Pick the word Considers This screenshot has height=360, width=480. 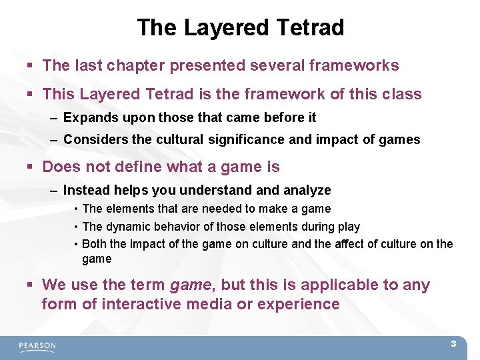pos(91,140)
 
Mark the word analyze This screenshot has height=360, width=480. pos(307,190)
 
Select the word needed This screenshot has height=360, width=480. pos(213,209)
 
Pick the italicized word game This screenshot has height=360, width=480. pos(191,285)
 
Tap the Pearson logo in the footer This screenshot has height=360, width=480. pos(37,346)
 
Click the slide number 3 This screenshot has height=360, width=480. pos(453,344)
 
